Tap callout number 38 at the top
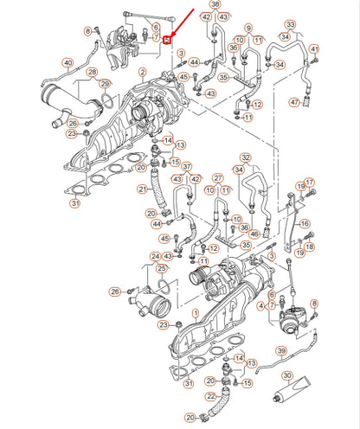tap(215, 5)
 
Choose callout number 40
tap(68, 61)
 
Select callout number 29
tap(104, 84)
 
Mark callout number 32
tap(245, 157)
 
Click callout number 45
tap(165, 239)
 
